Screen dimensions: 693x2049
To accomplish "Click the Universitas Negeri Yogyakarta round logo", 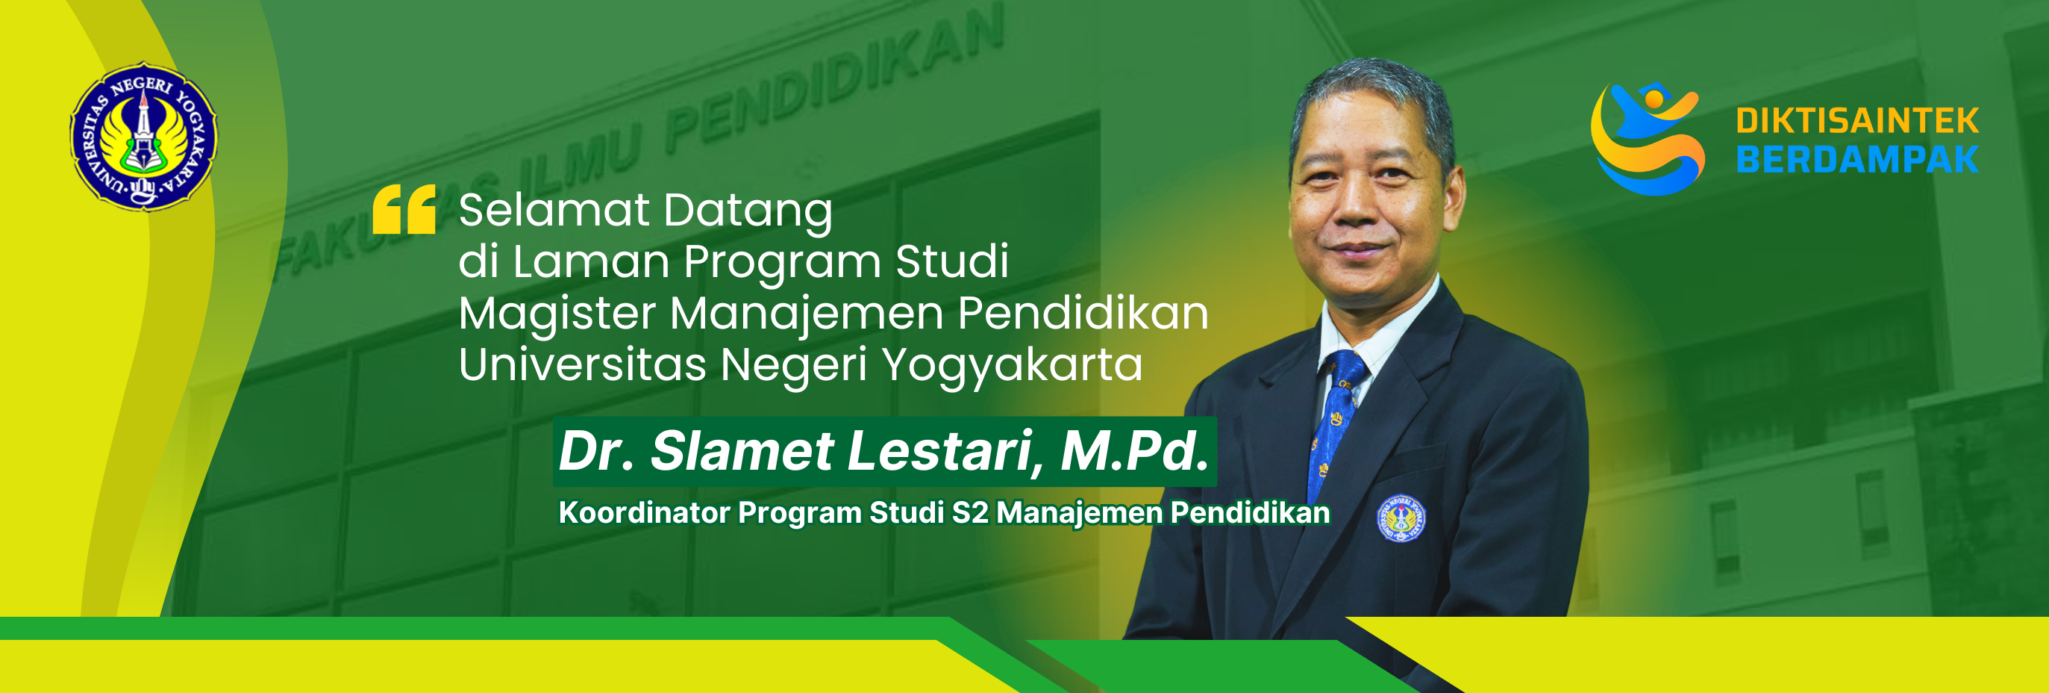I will click(x=144, y=136).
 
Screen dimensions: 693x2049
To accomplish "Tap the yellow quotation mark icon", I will click(x=404, y=209).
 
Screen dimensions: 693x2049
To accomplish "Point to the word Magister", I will click(x=557, y=314).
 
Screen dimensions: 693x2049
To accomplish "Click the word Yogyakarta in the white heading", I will click(x=1012, y=366).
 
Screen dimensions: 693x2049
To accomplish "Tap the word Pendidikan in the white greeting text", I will click(x=1083, y=313).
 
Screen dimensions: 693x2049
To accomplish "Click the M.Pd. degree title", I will click(x=1134, y=451).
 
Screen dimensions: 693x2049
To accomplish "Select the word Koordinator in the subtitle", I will click(x=644, y=512).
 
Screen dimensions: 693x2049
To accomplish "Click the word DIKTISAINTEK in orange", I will click(x=1856, y=122).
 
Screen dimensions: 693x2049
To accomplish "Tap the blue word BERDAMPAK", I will click(x=1856, y=160).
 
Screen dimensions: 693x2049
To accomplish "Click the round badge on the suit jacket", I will click(x=1401, y=519).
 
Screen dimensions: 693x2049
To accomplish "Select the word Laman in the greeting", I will click(x=590, y=262).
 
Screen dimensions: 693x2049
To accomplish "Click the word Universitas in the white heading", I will click(x=582, y=365).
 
